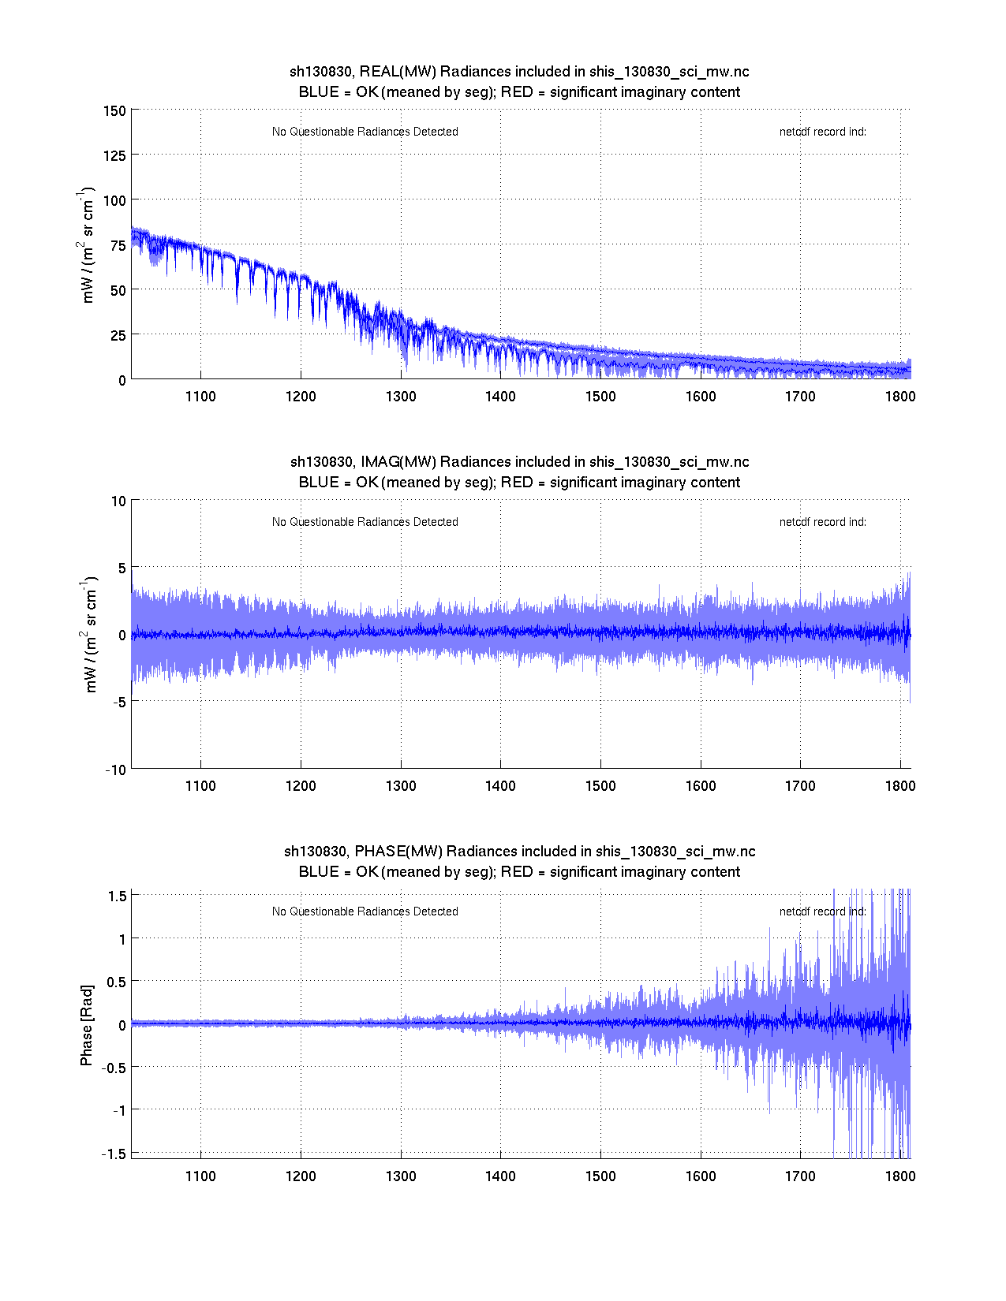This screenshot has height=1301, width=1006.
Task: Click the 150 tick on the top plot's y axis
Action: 114,111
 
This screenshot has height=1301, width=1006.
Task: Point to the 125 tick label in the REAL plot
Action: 114,156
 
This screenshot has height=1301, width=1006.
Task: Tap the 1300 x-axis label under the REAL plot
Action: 401,397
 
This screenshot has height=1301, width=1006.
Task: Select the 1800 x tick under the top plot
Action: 899,397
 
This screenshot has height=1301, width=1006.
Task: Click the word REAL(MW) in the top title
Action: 398,72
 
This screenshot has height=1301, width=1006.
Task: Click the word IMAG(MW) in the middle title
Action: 398,462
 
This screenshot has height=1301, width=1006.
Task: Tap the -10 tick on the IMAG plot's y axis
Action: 115,770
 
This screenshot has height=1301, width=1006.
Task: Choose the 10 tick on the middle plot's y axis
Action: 118,501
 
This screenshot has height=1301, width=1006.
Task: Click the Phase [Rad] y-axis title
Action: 87,1025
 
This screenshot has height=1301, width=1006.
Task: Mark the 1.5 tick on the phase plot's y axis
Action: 118,896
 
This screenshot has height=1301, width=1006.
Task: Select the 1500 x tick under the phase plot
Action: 600,1176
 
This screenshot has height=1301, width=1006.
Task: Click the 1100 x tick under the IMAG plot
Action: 200,786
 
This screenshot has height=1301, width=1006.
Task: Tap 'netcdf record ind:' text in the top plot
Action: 822,132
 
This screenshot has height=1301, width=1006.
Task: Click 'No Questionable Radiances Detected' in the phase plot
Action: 365,911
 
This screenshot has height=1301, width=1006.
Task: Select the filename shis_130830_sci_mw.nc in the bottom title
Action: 675,852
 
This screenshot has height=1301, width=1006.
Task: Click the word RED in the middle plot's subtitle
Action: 517,483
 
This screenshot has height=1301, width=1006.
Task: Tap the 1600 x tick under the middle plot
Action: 700,786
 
